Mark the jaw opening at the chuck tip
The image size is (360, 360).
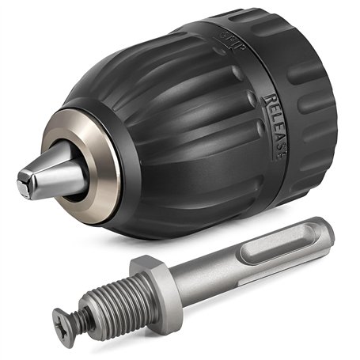pyautogui.click(x=21, y=188)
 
